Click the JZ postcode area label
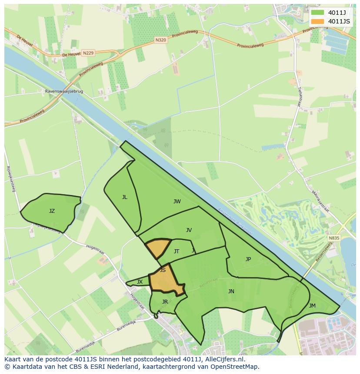pyautogui.click(x=52, y=211)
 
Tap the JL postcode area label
pyautogui.click(x=125, y=197)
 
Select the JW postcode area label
pyautogui.click(x=177, y=202)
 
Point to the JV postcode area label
pyautogui.click(x=189, y=230)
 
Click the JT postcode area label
pyautogui.click(x=177, y=252)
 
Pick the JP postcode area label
pyautogui.click(x=248, y=259)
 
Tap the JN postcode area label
pyautogui.click(x=231, y=291)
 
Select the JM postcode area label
pyautogui.click(x=312, y=306)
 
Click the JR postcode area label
pyautogui.click(x=165, y=302)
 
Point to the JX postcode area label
pyautogui.click(x=140, y=282)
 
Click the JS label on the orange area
pyautogui.click(x=163, y=270)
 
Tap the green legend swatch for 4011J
pyautogui.click(x=317, y=13)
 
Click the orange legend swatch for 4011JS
pyautogui.click(x=317, y=21)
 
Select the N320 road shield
pyautogui.click(x=160, y=40)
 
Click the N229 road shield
pyautogui.click(x=88, y=53)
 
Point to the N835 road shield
pyautogui.click(x=333, y=238)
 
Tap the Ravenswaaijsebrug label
pyautogui.click(x=64, y=92)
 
